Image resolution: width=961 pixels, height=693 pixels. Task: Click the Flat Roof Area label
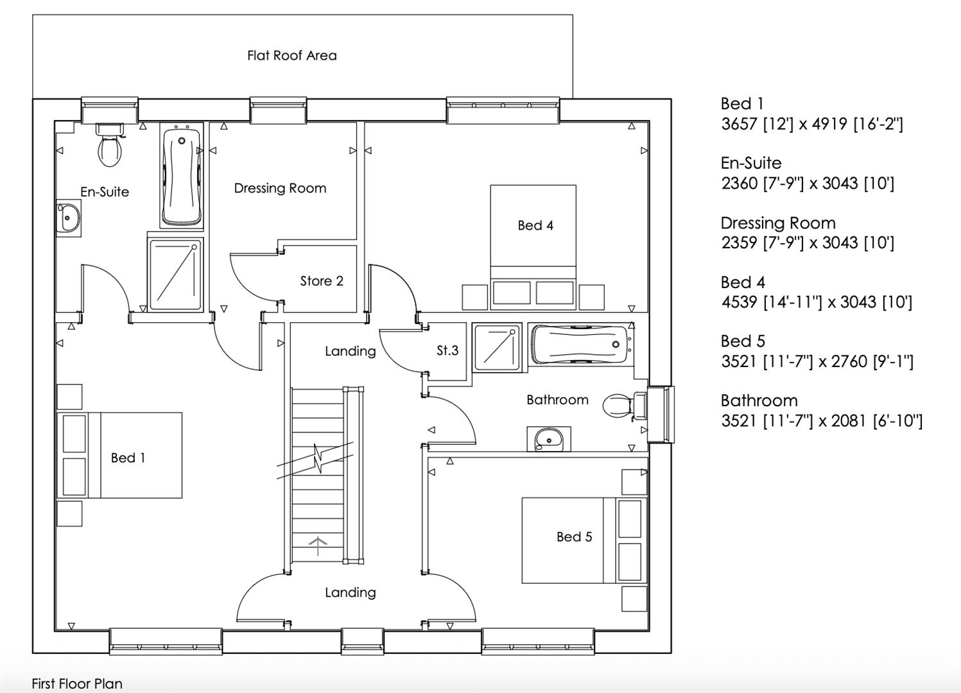(292, 56)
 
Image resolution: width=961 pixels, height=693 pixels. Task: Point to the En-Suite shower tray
(175, 275)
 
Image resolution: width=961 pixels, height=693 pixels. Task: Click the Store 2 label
(322, 281)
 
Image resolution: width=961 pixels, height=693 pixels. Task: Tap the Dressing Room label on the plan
(280, 189)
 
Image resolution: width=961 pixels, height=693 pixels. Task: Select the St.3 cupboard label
(447, 351)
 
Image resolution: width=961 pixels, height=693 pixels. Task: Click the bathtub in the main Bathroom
(581, 345)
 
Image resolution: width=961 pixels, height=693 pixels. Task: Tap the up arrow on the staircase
(318, 545)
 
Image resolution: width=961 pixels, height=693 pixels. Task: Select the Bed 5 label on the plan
(574, 537)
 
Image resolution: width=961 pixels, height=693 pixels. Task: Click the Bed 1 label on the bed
(128, 458)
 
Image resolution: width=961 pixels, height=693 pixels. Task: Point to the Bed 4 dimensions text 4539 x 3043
(817, 302)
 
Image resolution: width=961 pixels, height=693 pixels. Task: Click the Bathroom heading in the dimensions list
(759, 401)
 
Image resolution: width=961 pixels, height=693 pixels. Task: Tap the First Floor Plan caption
(77, 684)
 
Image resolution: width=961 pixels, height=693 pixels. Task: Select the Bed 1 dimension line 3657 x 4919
(812, 124)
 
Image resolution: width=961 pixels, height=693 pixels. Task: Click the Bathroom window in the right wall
(661, 415)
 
